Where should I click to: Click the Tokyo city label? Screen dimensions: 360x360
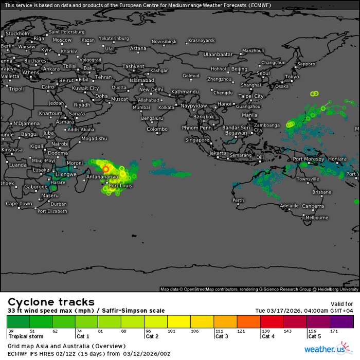(292, 77)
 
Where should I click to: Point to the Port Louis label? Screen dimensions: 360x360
(120, 185)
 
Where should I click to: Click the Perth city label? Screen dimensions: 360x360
(238, 200)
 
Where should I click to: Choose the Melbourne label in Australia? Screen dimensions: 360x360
(317, 218)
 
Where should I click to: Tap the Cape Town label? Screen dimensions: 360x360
(19, 204)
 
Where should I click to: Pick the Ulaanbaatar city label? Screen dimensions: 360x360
(218, 54)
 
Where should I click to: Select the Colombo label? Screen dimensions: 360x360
(157, 129)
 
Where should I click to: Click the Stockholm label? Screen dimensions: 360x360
(18, 33)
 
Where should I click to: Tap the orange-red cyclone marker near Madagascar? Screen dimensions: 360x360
(105, 168)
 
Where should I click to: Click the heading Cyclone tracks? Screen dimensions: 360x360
(50, 302)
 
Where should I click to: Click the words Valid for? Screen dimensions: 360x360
(343, 303)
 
